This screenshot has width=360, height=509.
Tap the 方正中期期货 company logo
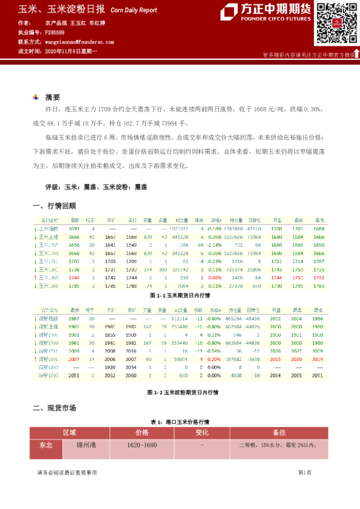coord(265,12)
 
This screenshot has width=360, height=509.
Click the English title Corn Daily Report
coord(134,10)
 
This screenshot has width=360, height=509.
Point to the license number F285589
coord(55,32)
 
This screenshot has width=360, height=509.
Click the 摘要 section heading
coord(53,97)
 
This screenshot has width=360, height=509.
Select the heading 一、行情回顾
coord(54,206)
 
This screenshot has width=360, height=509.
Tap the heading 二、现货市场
coord(54,408)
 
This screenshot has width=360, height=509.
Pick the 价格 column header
coord(142,433)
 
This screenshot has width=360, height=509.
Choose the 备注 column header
coord(280,433)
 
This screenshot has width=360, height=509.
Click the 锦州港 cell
coord(87,446)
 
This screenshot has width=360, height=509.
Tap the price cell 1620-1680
coord(142,446)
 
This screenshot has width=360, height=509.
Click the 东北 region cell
coord(46,446)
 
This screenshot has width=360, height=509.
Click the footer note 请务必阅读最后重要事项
coord(67,472)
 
